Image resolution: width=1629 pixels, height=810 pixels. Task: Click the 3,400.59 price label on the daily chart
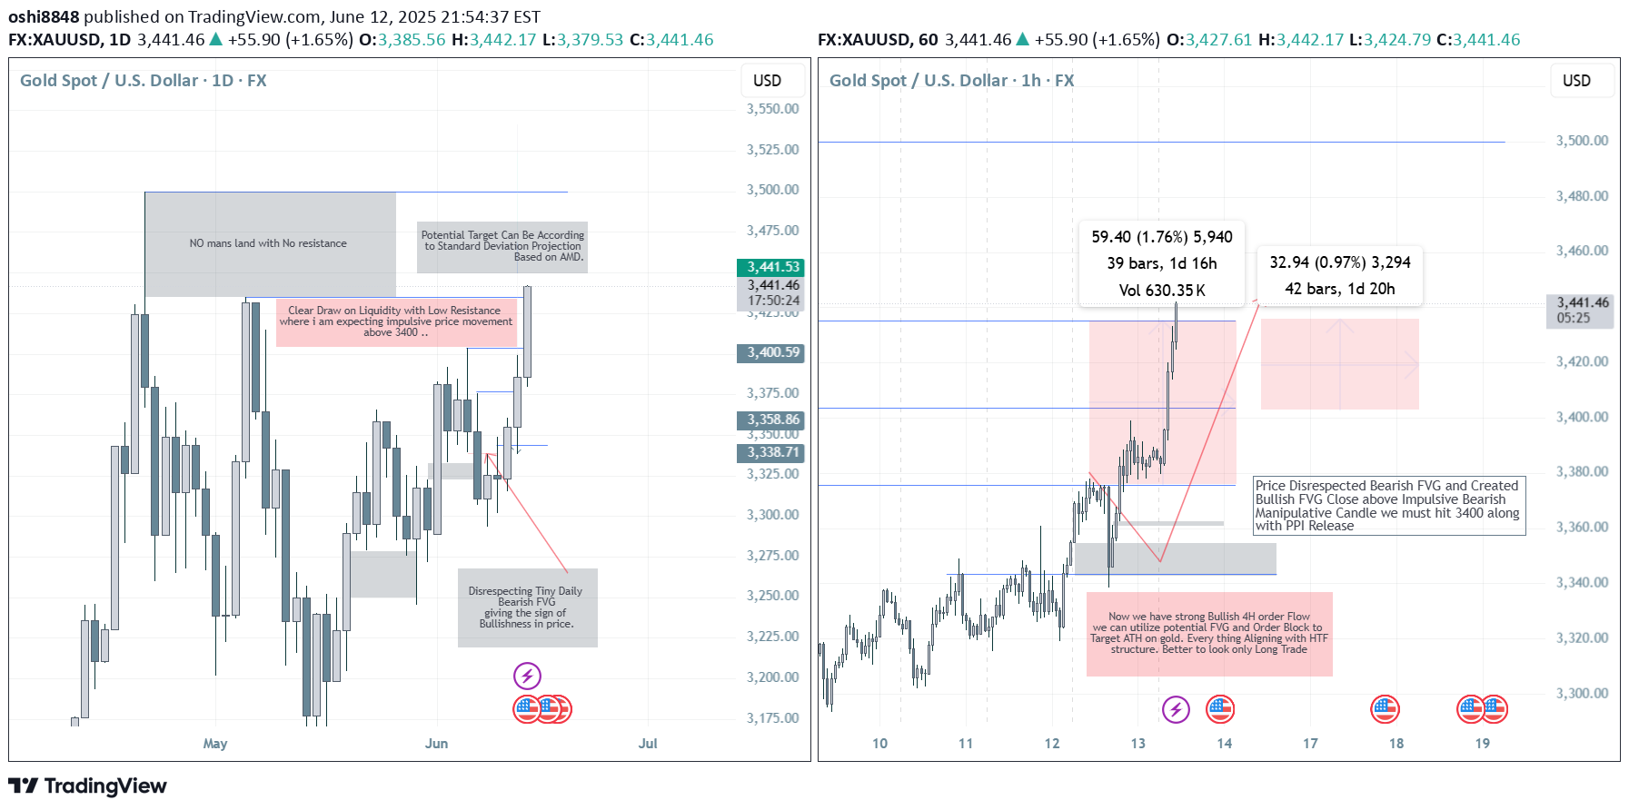click(x=770, y=352)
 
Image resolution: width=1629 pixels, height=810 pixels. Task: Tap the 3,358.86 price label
click(x=770, y=420)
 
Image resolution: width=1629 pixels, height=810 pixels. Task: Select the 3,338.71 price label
click(x=770, y=452)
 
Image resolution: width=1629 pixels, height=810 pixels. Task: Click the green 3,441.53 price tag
click(x=770, y=267)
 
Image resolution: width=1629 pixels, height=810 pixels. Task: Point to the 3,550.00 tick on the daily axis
click(x=772, y=109)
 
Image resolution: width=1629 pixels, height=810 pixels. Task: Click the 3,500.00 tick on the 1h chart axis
click(x=1582, y=141)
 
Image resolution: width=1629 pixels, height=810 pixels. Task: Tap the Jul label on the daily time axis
click(x=648, y=744)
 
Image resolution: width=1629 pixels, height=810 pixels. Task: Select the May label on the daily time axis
click(x=215, y=744)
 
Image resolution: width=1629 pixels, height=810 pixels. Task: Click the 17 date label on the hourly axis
click(x=1310, y=744)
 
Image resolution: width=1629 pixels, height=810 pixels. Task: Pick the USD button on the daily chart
click(x=767, y=81)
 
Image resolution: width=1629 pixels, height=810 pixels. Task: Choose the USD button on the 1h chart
click(x=1576, y=81)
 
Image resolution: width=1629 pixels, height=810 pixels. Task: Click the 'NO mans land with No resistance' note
click(x=268, y=243)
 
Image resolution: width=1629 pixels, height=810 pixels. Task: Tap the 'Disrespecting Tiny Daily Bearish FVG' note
click(x=526, y=607)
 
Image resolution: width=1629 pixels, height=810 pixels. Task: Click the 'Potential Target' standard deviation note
click(x=502, y=246)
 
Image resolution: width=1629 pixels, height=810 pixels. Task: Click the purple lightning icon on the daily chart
click(x=527, y=676)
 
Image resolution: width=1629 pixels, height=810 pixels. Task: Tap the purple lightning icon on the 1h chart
click(x=1176, y=709)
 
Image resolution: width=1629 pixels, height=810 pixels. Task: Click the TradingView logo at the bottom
click(x=88, y=786)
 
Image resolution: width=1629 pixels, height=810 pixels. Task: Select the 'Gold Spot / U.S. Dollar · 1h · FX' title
click(x=951, y=81)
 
